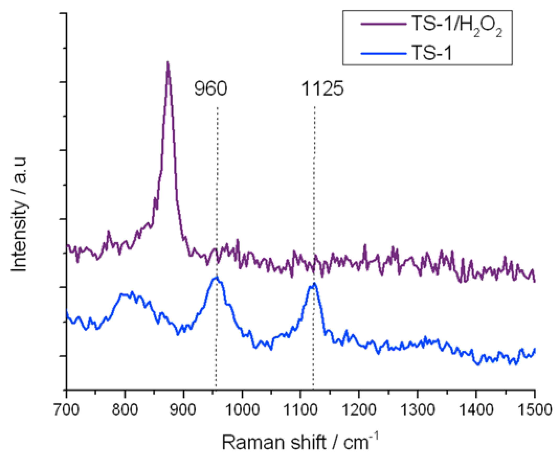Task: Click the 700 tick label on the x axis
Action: click(x=66, y=410)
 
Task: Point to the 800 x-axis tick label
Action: click(x=125, y=410)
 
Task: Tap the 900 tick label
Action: click(x=183, y=410)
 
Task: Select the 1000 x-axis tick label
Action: click(x=242, y=410)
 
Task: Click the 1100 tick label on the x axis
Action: click(x=300, y=410)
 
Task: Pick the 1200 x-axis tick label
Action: click(x=359, y=410)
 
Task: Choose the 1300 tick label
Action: click(x=418, y=410)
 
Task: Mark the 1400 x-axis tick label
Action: click(x=476, y=410)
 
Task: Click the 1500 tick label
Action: click(x=534, y=410)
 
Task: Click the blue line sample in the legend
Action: click(x=383, y=54)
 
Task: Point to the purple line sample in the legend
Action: click(x=383, y=24)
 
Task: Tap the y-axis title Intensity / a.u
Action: click(x=19, y=214)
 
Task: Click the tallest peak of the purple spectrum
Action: click(x=167, y=62)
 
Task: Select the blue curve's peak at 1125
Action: click(x=314, y=284)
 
